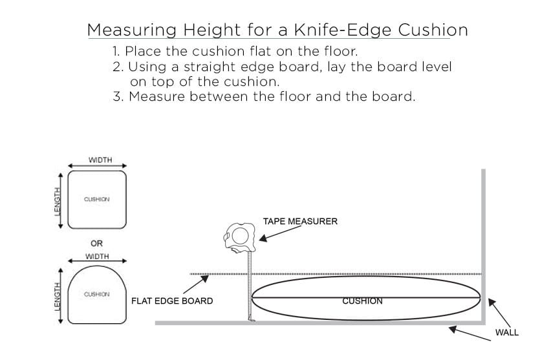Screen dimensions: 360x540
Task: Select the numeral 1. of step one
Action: coord(116,50)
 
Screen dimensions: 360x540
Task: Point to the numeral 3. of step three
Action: coord(117,97)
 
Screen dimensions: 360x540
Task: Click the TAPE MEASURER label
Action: coord(300,221)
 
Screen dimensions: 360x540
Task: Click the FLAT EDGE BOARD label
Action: coord(172,301)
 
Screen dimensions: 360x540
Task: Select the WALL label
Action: coord(506,333)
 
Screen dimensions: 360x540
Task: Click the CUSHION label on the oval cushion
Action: coord(362,301)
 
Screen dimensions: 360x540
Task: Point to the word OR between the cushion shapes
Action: coord(96,243)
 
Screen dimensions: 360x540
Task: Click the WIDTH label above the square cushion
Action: coord(100,160)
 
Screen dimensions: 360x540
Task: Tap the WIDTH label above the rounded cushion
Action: coord(97,257)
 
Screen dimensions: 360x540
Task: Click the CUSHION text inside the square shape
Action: coord(97,199)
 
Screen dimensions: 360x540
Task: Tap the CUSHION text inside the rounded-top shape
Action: coord(97,294)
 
